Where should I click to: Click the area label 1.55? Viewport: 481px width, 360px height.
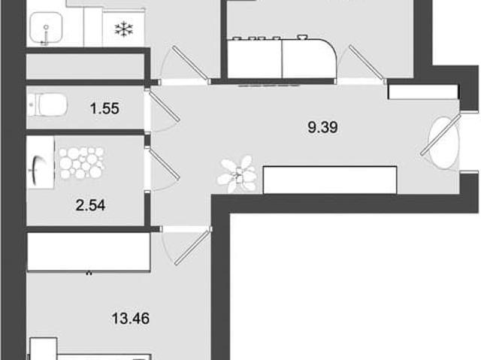click(104, 108)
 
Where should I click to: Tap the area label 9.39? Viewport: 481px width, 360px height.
click(322, 127)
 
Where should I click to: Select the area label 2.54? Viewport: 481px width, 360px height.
click(90, 205)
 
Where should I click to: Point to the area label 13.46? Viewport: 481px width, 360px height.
click(131, 319)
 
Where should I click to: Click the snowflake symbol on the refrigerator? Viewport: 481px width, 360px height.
click(124, 29)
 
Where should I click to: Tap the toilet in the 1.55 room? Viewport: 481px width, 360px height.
click(47, 105)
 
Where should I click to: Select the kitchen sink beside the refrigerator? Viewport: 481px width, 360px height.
click(47, 29)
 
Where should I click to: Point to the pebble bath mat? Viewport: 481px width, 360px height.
click(81, 163)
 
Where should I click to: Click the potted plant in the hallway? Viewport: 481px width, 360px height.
click(237, 174)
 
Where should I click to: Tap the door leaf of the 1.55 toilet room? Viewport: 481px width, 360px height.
click(163, 105)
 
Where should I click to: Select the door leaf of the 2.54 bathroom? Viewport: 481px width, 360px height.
click(163, 163)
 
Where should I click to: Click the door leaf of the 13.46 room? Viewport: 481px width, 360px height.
click(193, 246)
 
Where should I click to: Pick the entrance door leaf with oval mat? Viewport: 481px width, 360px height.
click(440, 135)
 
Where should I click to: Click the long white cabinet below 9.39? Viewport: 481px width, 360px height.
click(330, 180)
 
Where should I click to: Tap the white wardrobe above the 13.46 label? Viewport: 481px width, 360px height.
click(89, 252)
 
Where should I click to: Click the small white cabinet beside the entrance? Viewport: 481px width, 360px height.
click(423, 92)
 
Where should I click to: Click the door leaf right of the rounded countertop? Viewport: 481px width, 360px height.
click(368, 64)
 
